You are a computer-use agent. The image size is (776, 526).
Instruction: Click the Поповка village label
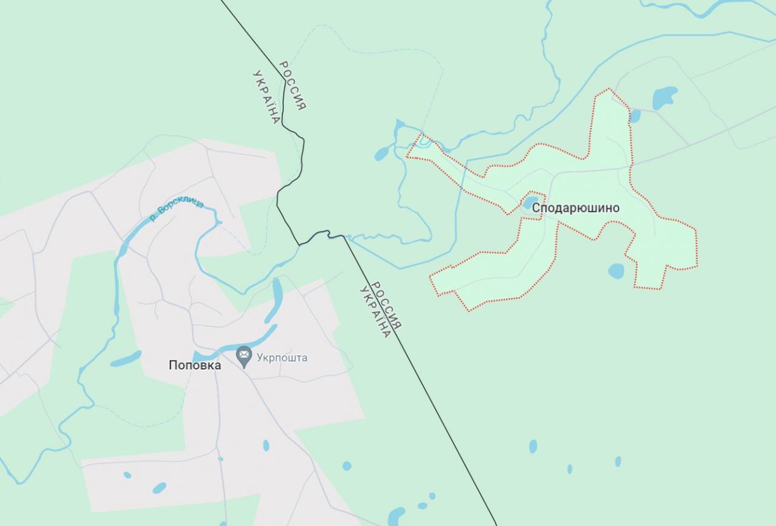195,365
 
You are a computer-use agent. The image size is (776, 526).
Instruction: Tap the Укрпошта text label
282,357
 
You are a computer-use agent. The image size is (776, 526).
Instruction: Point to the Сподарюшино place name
576,208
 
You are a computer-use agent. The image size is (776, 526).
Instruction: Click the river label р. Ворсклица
177,210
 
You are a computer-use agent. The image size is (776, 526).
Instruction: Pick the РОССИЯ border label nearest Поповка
386,306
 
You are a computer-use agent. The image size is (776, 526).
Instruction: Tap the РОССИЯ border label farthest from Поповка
292,86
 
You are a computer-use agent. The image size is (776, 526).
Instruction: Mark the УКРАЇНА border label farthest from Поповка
266,97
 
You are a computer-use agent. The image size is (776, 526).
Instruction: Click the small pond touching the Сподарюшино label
530,201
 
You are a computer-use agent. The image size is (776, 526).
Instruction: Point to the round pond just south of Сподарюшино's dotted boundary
616,271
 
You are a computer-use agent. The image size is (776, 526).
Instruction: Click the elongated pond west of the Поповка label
126,359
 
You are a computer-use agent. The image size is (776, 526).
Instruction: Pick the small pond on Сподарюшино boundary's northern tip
635,115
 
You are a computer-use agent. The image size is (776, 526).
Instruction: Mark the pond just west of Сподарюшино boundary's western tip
382,153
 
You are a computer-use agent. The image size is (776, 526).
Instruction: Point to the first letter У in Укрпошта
260,357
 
